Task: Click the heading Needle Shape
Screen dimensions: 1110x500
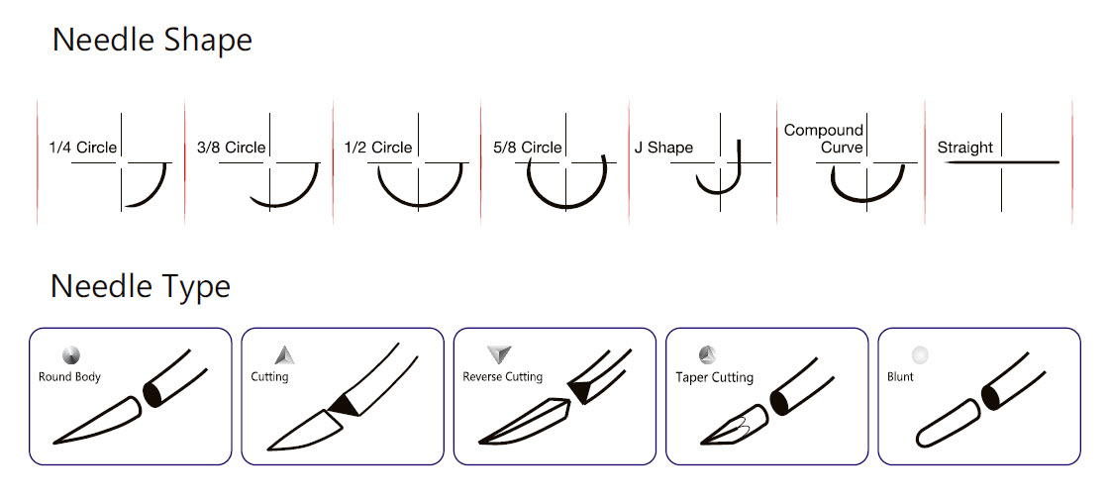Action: coord(152,41)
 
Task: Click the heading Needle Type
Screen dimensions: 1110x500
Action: coord(141,287)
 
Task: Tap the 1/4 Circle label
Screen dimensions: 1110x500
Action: coord(83,148)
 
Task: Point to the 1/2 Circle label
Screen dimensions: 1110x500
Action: coord(378,148)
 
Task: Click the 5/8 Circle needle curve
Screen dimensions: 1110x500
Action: coord(566,207)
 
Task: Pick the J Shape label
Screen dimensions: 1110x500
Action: coord(663,148)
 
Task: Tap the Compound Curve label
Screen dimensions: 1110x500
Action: coord(824,139)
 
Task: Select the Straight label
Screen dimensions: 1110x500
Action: coord(964,148)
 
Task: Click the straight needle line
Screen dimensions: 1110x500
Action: coord(1002,162)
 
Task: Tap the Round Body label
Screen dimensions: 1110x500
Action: coord(69,377)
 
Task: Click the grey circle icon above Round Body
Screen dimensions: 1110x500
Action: coord(70,354)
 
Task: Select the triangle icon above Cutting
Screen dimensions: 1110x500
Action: coord(284,354)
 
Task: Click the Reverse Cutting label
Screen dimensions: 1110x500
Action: coord(503,377)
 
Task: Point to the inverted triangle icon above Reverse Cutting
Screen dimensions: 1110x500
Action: coord(499,354)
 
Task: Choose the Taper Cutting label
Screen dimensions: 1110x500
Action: coord(714,377)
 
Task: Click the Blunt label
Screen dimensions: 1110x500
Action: coord(900,377)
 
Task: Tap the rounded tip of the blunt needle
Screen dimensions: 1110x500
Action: coord(921,439)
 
